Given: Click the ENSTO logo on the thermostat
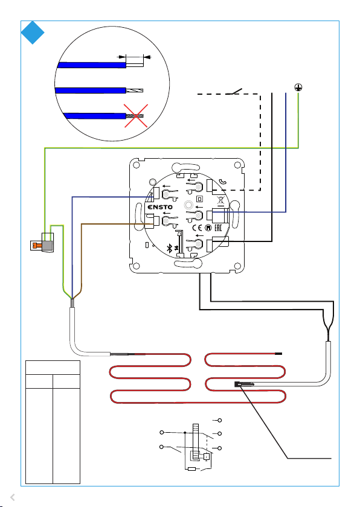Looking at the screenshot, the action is tap(160, 207).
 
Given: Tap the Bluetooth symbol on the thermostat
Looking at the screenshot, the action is tap(169, 248).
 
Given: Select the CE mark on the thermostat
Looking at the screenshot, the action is tap(197, 228).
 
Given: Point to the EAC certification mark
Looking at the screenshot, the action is tap(217, 228).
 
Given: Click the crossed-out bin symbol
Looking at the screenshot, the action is tap(220, 201).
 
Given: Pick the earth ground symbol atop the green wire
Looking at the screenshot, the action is tap(298, 88).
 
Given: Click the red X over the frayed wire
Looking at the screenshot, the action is tap(136, 116).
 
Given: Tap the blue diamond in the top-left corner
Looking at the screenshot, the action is tap(33, 33).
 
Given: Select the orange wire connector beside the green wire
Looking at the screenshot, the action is tap(36, 246).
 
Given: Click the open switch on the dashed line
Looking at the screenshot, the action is tap(234, 92).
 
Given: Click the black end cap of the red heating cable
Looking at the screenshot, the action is tap(278, 354).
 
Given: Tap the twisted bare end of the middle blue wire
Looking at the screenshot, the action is tap(134, 91).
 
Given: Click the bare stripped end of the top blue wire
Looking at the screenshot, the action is tap(135, 65).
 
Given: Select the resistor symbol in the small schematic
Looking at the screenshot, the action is tap(192, 469).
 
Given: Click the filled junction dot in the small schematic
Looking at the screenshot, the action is tap(185, 432).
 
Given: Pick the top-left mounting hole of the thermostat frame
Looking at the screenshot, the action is tap(137, 165).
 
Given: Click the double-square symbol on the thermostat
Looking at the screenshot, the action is tap(199, 199).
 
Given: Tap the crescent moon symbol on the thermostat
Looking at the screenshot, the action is tap(222, 182).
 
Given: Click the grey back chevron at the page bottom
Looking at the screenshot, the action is tap(13, 497).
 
